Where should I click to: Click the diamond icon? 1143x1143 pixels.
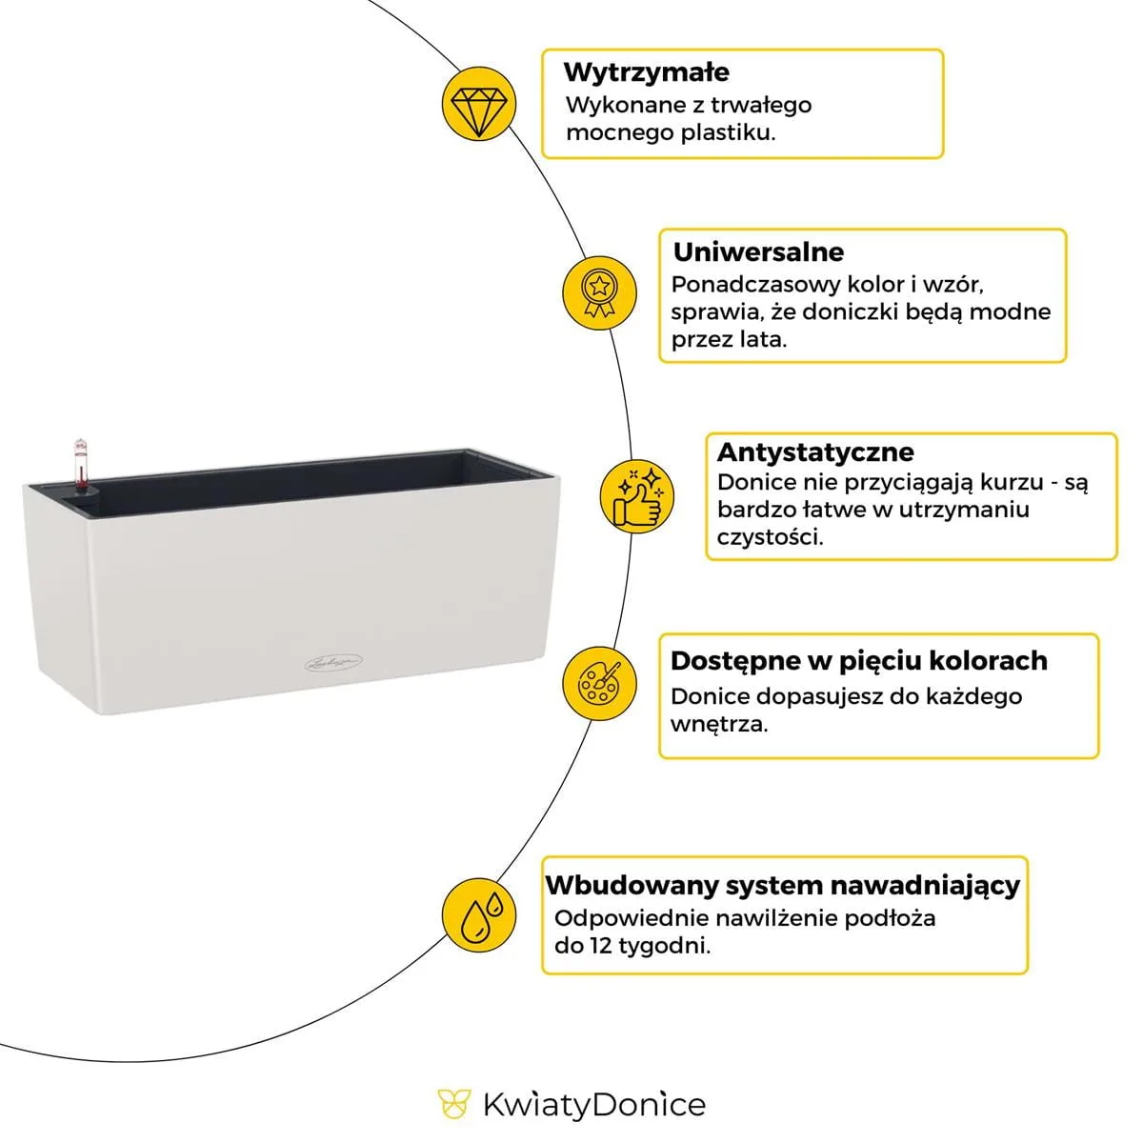coord(479,104)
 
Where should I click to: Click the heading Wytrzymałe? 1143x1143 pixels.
coord(646,72)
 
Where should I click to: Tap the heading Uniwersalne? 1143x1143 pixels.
coord(758,252)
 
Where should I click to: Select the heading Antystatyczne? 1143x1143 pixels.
coord(815,451)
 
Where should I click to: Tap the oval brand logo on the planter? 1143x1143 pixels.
coord(333,661)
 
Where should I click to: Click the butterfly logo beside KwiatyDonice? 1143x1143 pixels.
coord(454,1104)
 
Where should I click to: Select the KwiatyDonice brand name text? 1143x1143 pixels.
coord(594,1105)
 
